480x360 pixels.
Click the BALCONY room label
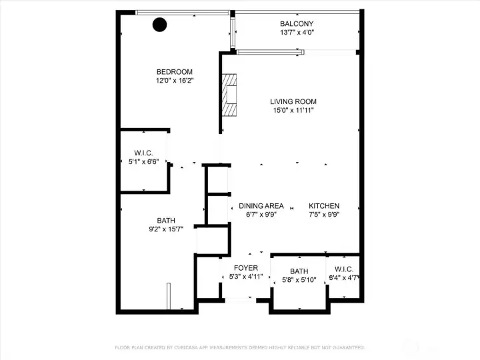[297, 24]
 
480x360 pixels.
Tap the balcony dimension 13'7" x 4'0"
[297, 33]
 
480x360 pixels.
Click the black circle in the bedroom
[160, 25]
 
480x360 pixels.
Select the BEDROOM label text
[175, 73]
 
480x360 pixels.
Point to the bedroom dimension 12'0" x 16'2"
[175, 81]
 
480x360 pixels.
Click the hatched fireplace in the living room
[229, 95]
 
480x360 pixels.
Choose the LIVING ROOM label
[292, 102]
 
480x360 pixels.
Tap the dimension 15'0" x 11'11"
[292, 111]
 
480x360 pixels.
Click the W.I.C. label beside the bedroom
[143, 153]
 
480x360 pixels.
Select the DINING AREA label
[261, 206]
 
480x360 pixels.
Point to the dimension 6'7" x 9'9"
[261, 215]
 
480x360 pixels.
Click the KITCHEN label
[325, 206]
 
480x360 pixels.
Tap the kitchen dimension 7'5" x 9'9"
[325, 215]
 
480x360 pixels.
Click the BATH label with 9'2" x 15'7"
[166, 221]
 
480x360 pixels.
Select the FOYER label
[245, 268]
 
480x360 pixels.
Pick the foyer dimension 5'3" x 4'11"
[245, 277]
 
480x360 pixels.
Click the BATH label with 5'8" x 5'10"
[299, 271]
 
